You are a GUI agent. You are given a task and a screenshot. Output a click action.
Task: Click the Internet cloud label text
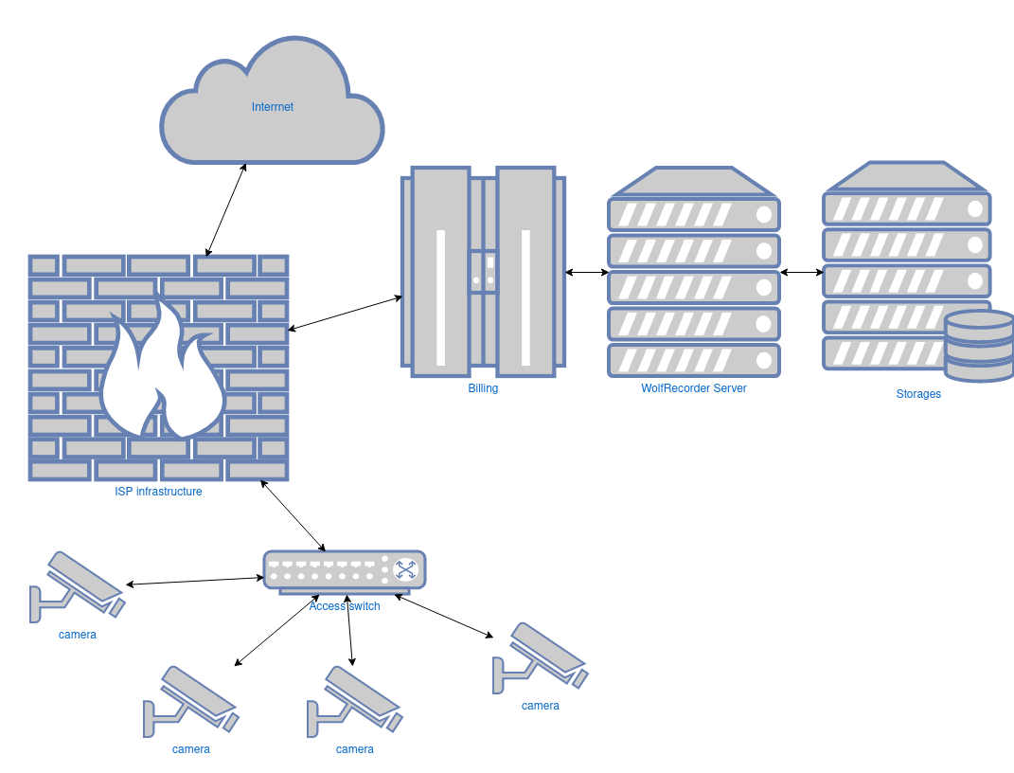(x=273, y=107)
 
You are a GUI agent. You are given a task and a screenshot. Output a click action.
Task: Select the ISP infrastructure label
(x=158, y=492)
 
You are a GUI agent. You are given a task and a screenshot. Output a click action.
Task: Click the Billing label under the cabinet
(x=483, y=388)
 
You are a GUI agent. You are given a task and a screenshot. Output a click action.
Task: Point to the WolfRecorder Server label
(x=694, y=388)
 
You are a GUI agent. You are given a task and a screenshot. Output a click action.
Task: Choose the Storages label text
(x=918, y=394)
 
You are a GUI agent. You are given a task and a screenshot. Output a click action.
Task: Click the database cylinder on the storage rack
(x=979, y=346)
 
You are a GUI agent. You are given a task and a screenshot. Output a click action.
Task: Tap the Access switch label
(x=345, y=606)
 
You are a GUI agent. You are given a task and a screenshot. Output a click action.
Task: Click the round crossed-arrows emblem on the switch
(x=406, y=569)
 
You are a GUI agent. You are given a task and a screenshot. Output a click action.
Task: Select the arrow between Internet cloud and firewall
(x=226, y=209)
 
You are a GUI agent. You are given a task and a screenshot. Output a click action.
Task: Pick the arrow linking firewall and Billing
(x=345, y=313)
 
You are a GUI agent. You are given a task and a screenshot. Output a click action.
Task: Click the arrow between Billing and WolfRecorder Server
(x=587, y=273)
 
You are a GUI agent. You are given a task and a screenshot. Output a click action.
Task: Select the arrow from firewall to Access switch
(x=293, y=515)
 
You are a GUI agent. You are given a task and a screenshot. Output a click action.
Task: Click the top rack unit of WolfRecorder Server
(x=694, y=214)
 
